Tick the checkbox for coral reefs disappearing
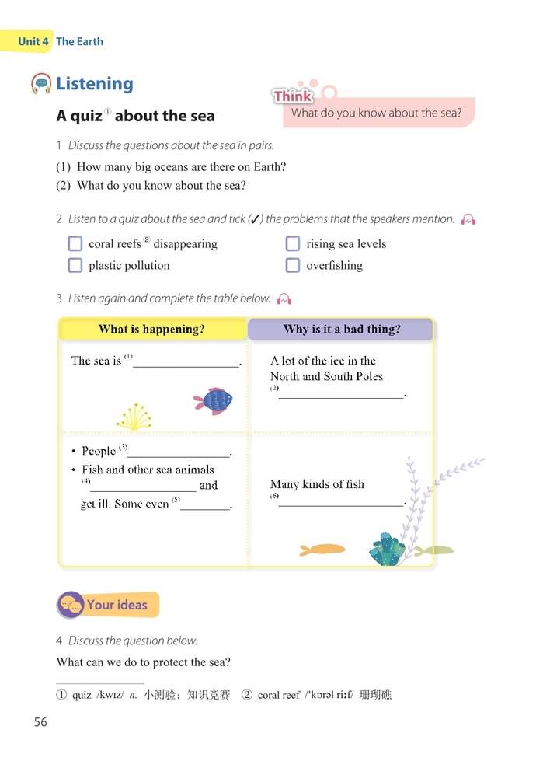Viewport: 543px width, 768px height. click(75, 243)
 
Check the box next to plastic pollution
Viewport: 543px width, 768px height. click(75, 265)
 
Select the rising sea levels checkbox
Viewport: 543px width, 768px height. click(292, 243)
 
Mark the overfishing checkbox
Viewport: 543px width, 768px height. click(292, 265)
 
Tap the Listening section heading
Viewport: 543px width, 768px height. click(95, 83)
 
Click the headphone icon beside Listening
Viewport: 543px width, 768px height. click(41, 83)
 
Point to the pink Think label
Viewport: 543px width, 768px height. click(293, 96)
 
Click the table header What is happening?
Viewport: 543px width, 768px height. click(151, 329)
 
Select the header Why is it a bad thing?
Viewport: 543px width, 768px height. click(342, 329)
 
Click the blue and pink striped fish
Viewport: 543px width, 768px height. click(214, 400)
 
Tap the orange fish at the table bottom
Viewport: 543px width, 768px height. click(322, 550)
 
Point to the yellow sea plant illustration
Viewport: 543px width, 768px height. click(134, 417)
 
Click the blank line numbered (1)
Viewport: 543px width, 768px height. click(186, 362)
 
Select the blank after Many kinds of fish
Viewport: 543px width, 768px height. click(342, 501)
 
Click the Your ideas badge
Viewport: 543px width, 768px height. click(108, 605)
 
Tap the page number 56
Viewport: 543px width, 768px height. click(40, 722)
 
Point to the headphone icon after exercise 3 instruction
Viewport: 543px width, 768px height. click(284, 298)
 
